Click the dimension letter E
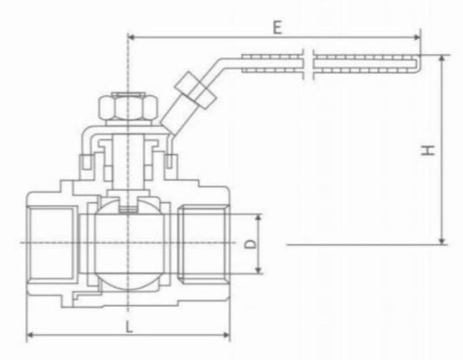276,27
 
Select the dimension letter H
427,150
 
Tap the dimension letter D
250,245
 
